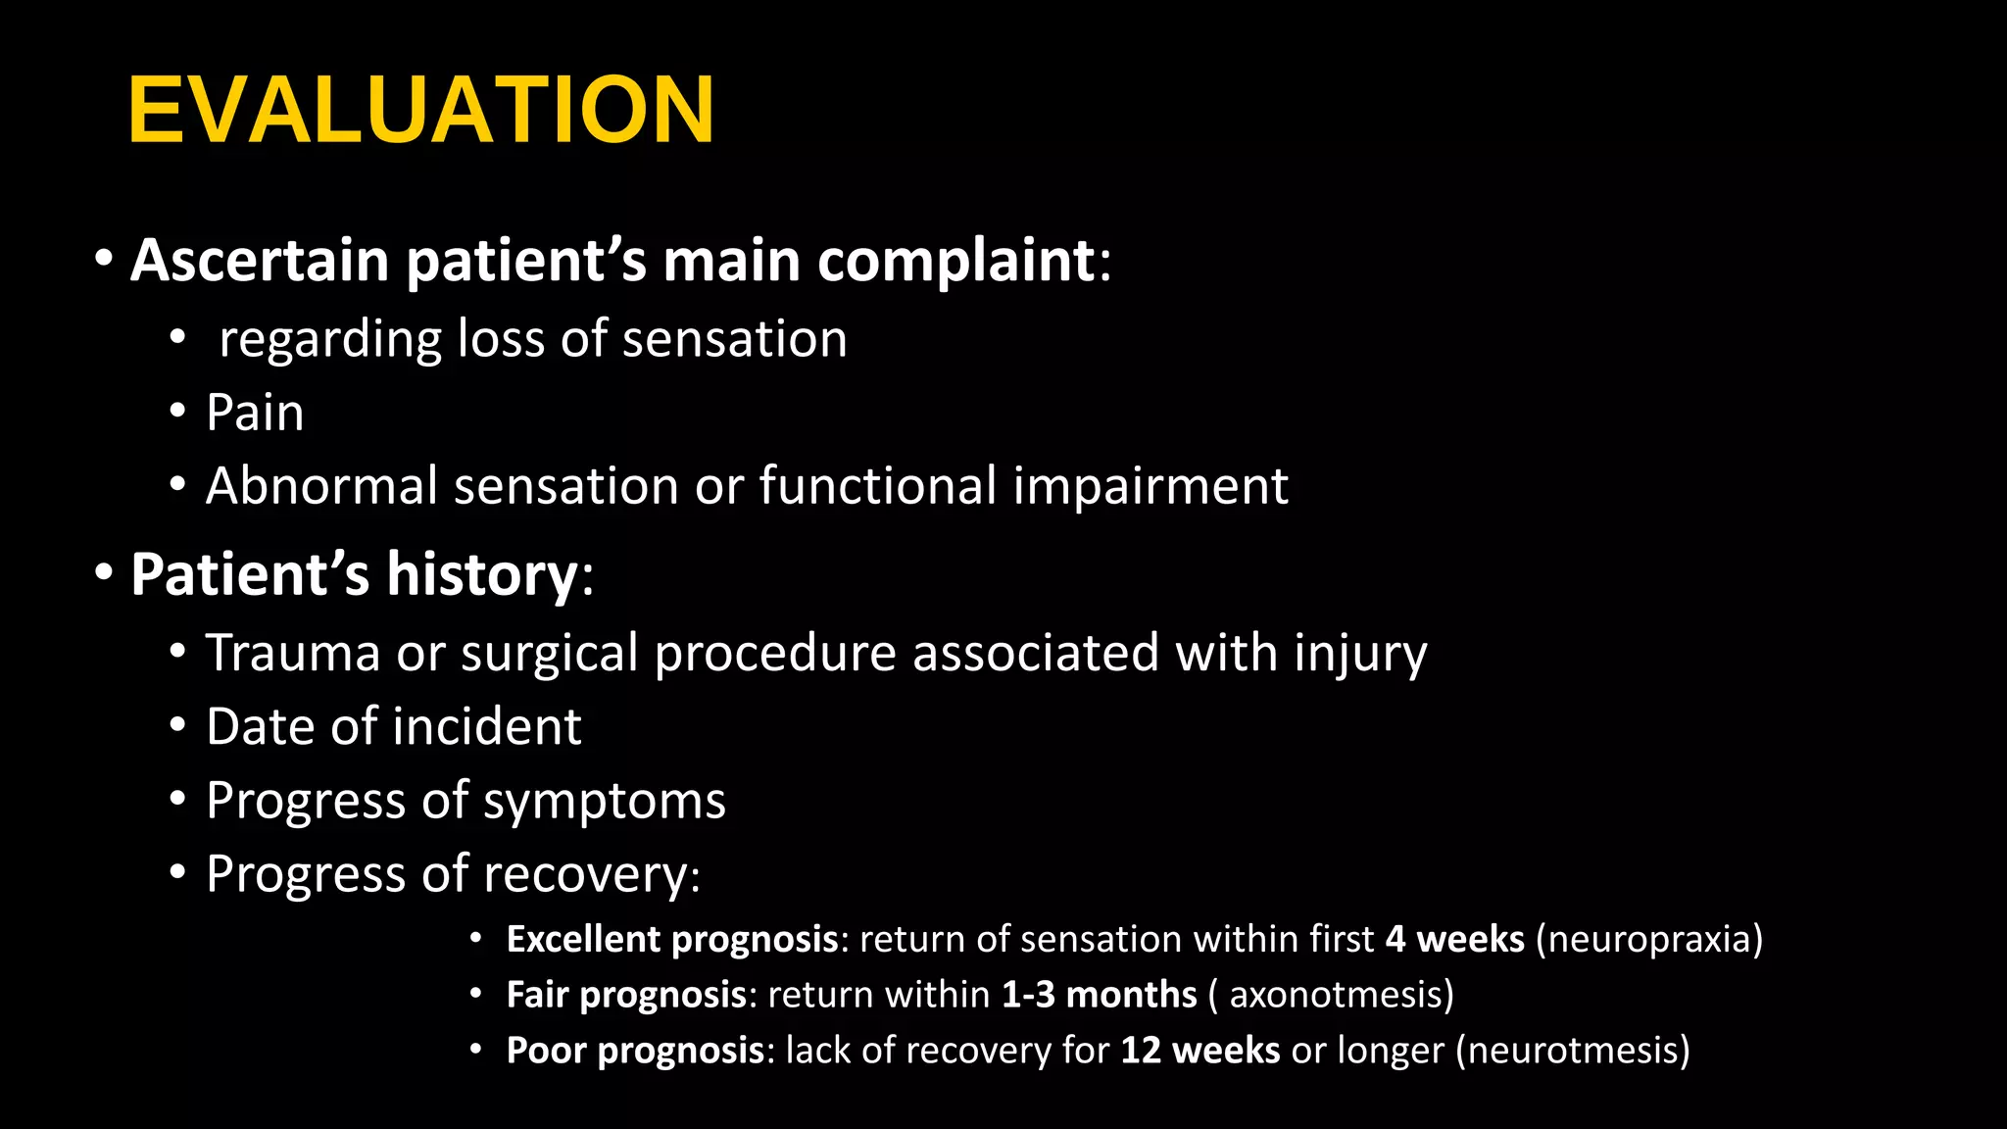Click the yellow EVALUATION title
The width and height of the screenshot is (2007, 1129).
[x=421, y=110]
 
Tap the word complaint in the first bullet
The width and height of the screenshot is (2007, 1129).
[x=955, y=261]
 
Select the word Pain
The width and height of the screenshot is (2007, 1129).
[x=255, y=413]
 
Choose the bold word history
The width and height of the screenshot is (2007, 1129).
[x=481, y=574]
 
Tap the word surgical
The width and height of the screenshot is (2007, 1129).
[x=550, y=655]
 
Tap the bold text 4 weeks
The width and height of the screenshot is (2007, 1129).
[x=1454, y=939]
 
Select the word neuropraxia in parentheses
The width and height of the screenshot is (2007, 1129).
[x=1649, y=940]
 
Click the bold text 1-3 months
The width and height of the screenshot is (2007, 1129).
[x=1099, y=995]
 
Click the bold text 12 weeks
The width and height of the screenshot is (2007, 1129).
[x=1199, y=1051]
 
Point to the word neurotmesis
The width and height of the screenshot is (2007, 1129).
[x=1573, y=1051]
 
